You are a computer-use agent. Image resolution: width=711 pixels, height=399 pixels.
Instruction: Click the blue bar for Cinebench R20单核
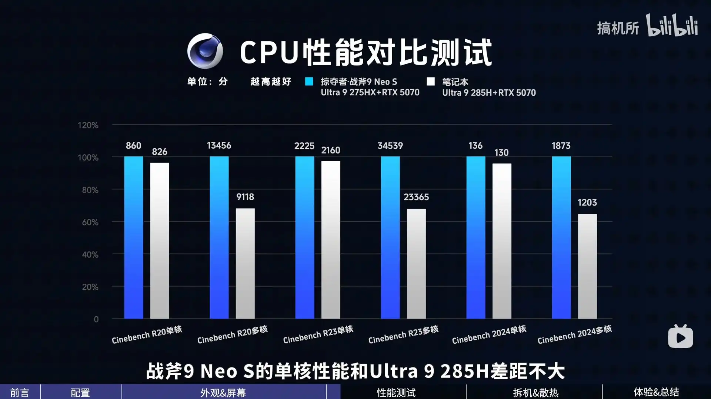(134, 237)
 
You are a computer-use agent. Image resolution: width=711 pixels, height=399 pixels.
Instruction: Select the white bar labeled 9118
(245, 263)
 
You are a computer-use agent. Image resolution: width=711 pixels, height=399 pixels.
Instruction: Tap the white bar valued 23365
(416, 263)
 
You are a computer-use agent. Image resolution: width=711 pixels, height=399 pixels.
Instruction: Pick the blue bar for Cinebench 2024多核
(561, 237)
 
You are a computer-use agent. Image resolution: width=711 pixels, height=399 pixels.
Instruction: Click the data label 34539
(390, 146)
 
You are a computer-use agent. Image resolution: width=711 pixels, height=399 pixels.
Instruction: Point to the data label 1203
(587, 202)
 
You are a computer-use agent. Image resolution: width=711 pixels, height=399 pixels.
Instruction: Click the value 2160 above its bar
(331, 150)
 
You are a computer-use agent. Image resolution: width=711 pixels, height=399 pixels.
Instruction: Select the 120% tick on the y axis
(88, 125)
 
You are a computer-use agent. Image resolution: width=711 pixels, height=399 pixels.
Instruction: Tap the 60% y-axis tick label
(90, 222)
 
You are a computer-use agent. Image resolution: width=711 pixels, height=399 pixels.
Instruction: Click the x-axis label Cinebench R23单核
(318, 334)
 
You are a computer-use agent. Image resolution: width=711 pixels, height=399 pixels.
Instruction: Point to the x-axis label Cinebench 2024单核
(489, 334)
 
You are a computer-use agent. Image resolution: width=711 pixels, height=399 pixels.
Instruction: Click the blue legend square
(309, 82)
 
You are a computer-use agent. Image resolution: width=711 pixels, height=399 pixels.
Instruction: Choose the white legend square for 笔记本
(430, 82)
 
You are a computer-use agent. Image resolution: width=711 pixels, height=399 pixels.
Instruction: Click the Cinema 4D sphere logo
(205, 51)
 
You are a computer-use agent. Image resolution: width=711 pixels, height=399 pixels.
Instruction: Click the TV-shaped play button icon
(680, 336)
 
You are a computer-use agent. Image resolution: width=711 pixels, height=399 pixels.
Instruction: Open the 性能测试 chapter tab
(396, 392)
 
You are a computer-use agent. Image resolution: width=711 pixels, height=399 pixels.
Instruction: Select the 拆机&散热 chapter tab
(536, 392)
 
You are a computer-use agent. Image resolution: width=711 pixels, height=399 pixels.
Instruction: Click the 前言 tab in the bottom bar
(20, 392)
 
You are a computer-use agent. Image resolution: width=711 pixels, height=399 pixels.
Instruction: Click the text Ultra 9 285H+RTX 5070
(489, 93)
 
